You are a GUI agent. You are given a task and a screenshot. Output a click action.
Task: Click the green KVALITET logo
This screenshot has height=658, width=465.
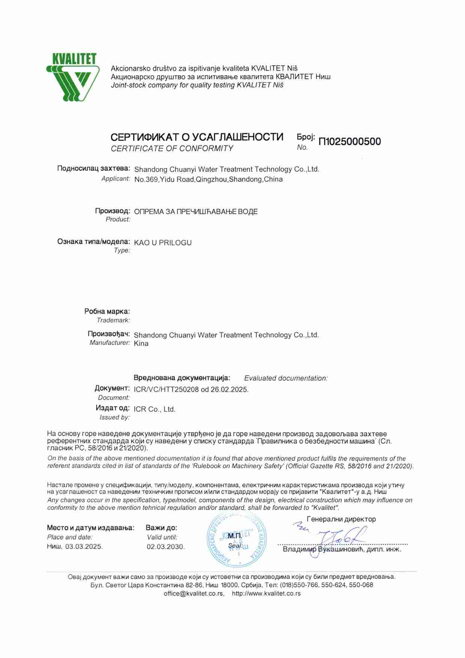73,77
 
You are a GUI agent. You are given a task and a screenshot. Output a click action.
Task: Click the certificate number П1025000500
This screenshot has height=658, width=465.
349,142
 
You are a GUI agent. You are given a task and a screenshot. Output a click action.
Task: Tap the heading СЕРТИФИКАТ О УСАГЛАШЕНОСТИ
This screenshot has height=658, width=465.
197,137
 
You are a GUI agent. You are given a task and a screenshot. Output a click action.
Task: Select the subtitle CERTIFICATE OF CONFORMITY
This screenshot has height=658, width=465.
172,149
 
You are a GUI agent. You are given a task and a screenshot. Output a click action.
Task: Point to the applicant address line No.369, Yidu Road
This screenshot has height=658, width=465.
208,179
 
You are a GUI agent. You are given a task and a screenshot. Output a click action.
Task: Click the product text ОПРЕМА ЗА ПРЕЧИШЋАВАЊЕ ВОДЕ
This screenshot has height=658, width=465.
196,212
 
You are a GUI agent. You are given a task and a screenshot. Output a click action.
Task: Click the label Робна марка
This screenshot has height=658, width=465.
107,311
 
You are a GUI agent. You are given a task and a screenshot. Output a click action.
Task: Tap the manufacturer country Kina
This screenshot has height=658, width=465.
141,344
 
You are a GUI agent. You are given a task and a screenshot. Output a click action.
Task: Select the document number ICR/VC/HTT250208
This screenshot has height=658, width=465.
166,389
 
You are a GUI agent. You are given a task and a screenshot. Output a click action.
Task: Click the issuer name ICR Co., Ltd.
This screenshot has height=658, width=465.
154,409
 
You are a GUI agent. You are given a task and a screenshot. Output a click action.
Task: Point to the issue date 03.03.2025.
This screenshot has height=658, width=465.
84,547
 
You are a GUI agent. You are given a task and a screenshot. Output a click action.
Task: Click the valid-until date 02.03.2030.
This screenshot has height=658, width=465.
166,547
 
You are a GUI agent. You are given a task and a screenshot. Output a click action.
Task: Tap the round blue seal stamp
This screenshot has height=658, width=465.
237,540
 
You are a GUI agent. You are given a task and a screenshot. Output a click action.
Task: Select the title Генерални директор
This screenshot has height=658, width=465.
341,519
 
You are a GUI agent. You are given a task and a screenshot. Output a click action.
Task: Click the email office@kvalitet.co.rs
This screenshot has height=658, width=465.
194,593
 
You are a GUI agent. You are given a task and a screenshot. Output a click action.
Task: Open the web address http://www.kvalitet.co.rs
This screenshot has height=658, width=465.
266,593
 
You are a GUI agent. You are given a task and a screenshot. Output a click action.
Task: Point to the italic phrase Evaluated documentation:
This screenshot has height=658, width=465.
286,378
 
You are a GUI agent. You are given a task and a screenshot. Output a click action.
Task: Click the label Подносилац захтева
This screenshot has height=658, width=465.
93,168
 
